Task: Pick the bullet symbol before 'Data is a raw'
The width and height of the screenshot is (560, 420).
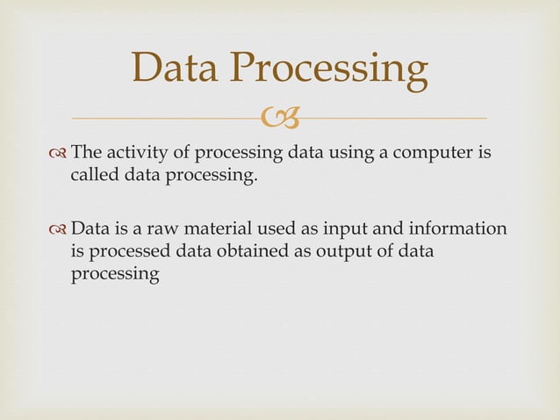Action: tap(59, 230)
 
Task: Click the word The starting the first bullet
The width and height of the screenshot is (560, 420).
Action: tap(87, 156)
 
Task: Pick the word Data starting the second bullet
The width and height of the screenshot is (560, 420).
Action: tap(90, 229)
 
